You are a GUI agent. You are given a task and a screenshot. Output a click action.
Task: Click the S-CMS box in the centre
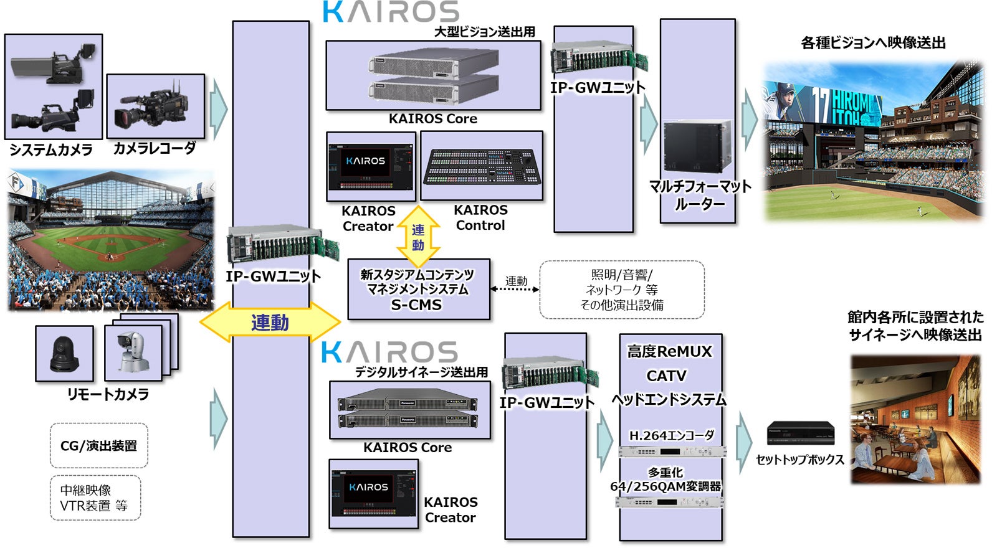(418, 290)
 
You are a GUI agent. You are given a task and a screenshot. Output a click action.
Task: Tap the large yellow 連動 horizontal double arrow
(270, 322)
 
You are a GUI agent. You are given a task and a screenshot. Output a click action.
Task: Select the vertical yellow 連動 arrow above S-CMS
(418, 237)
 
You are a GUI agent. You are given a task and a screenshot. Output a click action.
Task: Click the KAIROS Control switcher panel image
(481, 166)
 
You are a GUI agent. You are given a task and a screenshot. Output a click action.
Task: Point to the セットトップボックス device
(800, 433)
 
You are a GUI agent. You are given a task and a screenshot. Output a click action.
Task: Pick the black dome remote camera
(64, 353)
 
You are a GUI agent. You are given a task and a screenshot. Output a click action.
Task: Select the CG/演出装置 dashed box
(98, 446)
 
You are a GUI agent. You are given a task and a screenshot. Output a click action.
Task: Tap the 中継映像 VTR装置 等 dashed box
(95, 498)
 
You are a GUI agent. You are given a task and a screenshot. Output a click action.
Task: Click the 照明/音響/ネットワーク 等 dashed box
(621, 290)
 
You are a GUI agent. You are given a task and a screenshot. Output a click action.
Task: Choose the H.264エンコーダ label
(671, 435)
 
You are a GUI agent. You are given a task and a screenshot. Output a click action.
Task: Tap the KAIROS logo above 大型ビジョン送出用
(391, 12)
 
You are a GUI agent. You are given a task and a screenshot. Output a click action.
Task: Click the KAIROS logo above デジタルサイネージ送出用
(389, 352)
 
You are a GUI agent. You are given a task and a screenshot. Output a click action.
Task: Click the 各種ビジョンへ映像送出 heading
(872, 43)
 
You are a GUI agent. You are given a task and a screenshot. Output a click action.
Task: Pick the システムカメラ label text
(51, 150)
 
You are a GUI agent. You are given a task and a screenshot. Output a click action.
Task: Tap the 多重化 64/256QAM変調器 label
(665, 479)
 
